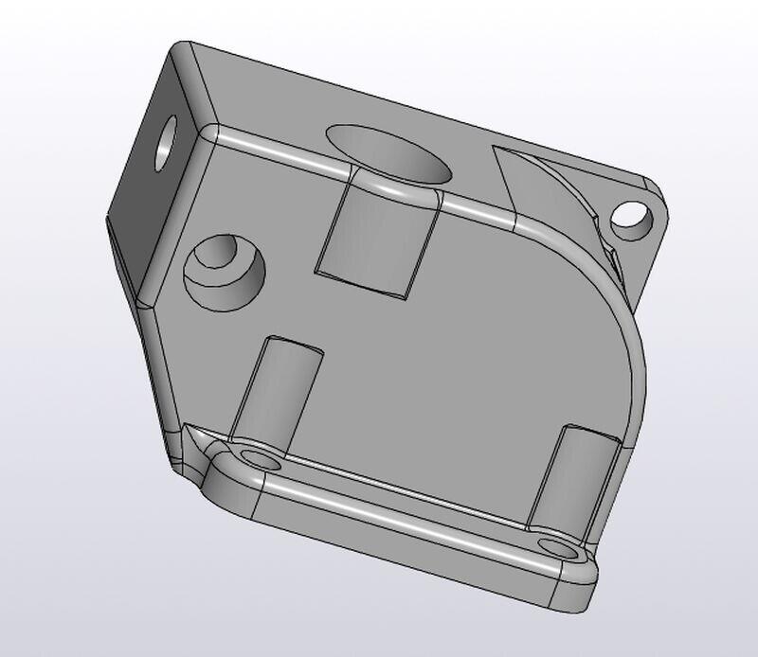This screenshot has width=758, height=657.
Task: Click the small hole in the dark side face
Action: [167, 141]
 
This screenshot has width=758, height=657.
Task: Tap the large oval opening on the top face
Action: [388, 151]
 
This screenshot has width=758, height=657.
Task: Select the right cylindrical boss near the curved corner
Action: [576, 478]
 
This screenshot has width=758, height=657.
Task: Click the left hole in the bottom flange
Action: [262, 460]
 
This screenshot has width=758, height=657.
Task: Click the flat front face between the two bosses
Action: [426, 379]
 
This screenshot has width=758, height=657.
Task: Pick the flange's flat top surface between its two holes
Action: [407, 502]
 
